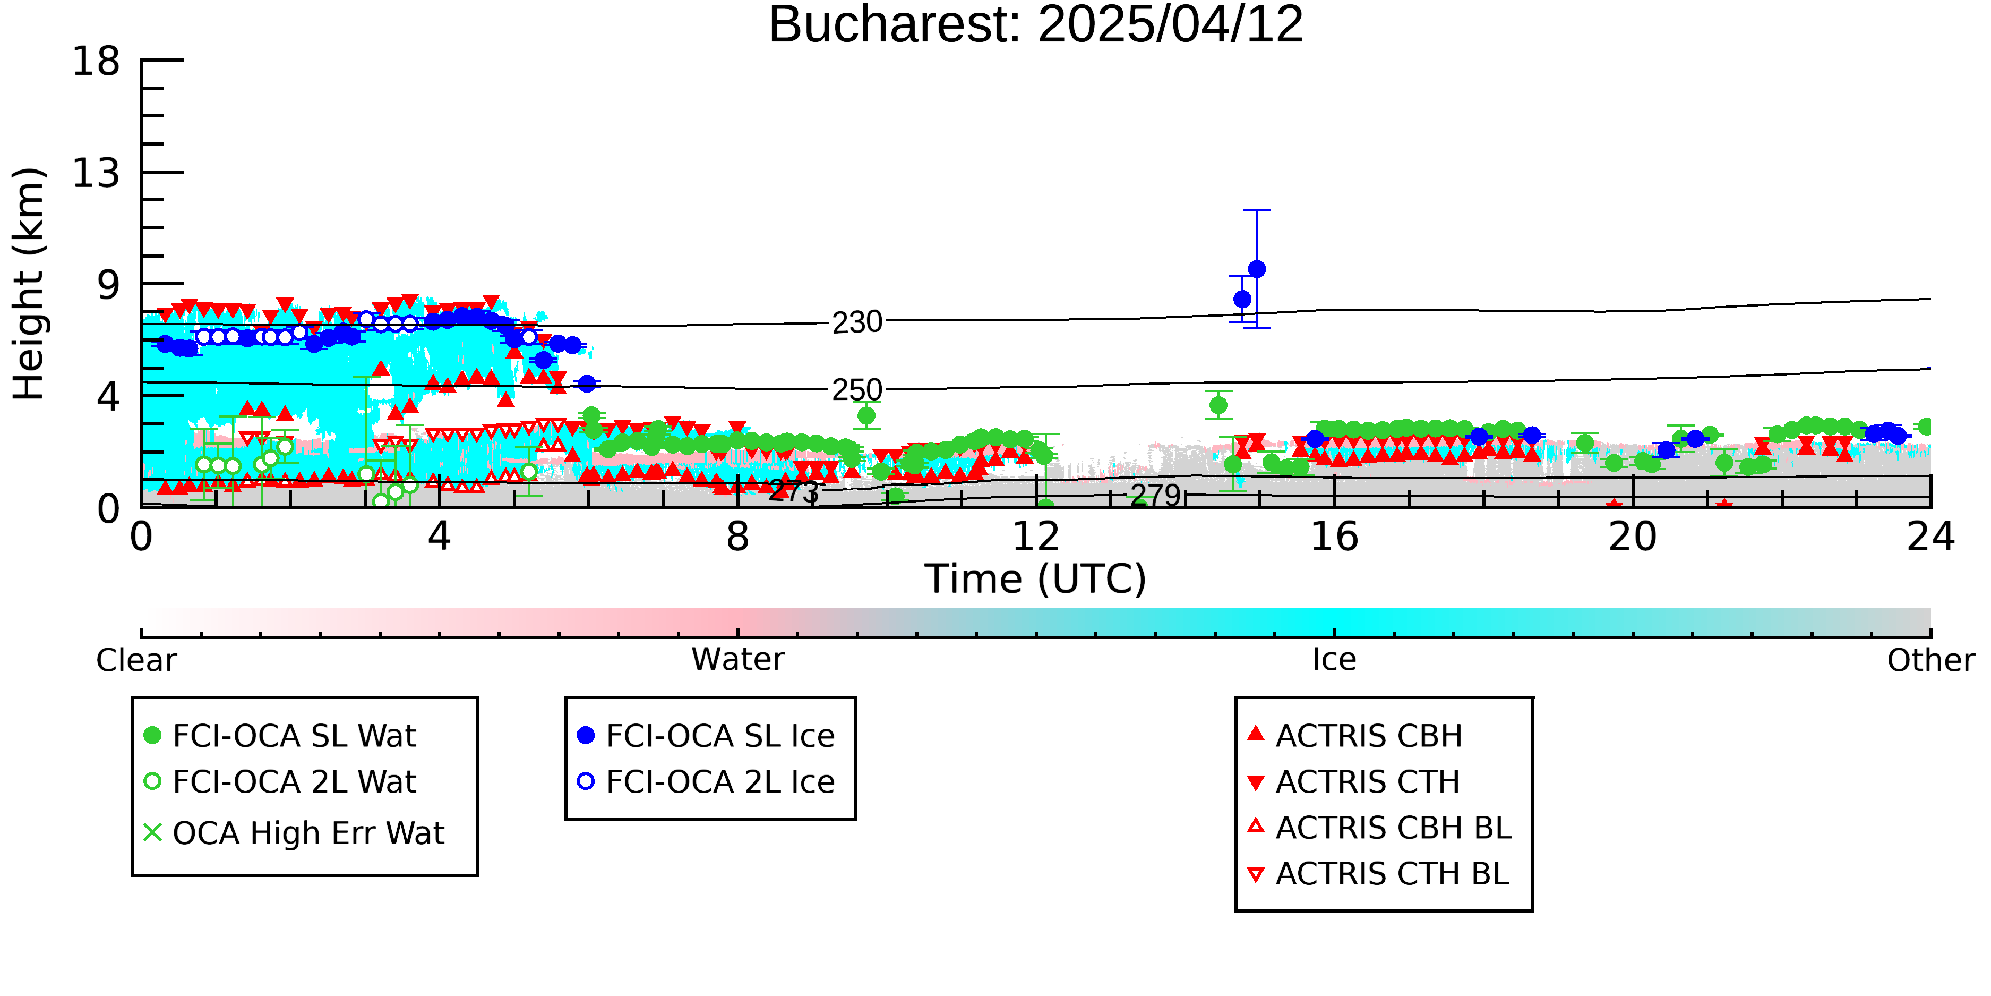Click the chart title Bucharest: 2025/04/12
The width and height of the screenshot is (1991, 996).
tap(1036, 25)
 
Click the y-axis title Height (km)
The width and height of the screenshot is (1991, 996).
tap(29, 283)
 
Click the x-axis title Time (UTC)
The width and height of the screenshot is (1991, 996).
tap(1036, 579)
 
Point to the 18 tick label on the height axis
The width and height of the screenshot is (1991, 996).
tap(96, 61)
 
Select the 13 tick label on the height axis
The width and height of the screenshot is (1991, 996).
tap(96, 173)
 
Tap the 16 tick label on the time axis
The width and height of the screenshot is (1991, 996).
tap(1334, 537)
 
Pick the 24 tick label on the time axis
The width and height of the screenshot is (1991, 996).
tap(1930, 537)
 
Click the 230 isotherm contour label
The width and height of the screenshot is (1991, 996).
tap(857, 322)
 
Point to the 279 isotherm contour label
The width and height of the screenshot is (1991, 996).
tap(1155, 496)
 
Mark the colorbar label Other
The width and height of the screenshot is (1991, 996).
tap(1930, 660)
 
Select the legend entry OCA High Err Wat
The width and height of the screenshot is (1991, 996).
tap(294, 833)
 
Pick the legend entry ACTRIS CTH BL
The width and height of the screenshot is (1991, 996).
tap(1378, 874)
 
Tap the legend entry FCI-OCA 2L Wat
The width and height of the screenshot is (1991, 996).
tap(280, 782)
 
